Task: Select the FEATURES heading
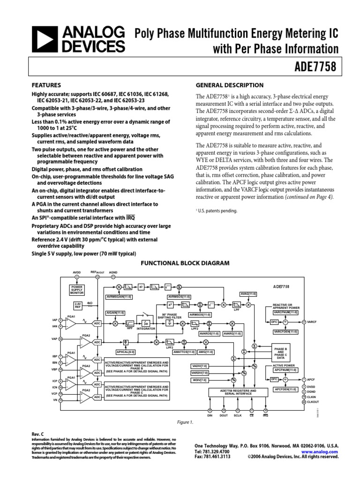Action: point(46,85)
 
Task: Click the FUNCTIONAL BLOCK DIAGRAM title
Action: point(185,263)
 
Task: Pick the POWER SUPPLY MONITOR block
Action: point(76,289)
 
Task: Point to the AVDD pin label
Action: point(77,272)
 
